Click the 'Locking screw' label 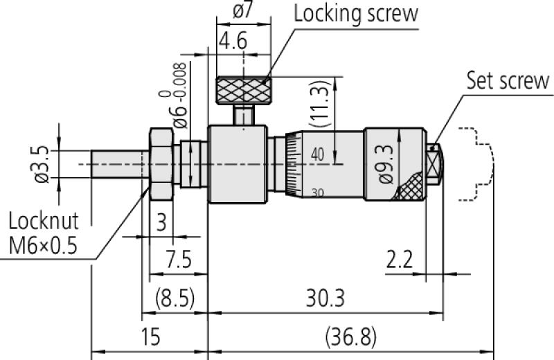pyautogui.click(x=356, y=14)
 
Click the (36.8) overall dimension pyautogui.click(x=350, y=338)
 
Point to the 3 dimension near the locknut pyautogui.click(x=161, y=224)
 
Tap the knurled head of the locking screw pyautogui.click(x=242, y=89)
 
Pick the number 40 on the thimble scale pyautogui.click(x=318, y=154)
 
